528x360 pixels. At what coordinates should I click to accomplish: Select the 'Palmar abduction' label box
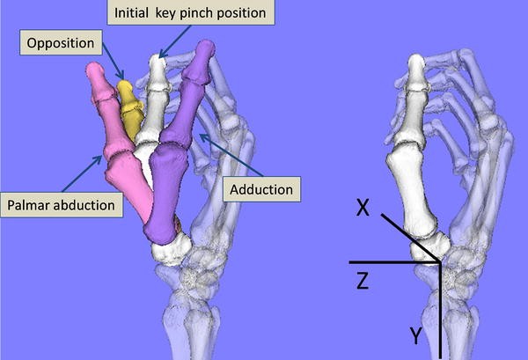(x=61, y=205)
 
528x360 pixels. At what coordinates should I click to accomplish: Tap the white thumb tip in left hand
(x=158, y=64)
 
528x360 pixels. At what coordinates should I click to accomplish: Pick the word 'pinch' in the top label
(x=201, y=13)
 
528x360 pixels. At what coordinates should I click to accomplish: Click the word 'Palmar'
(x=33, y=205)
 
